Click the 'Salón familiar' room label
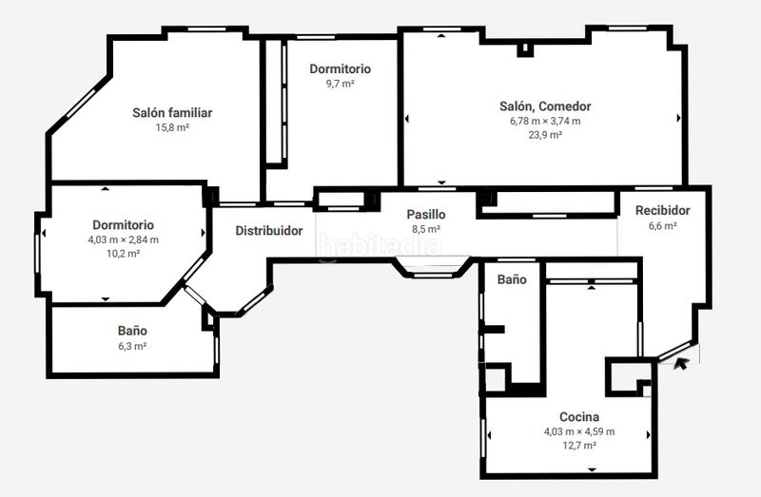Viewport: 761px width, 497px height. point(171,113)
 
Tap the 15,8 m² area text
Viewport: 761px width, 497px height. point(172,127)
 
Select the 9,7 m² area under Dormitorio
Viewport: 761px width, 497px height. point(340,84)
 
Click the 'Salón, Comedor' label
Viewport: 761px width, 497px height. point(545,106)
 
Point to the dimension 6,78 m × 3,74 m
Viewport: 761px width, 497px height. point(545,121)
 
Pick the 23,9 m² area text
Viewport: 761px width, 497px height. point(545,135)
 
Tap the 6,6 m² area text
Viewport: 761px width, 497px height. point(662,226)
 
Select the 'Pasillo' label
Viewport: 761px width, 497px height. point(425,215)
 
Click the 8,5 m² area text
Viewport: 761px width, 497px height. point(425,229)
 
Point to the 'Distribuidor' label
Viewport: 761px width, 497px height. point(269,231)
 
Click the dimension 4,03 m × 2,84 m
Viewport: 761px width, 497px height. point(123,239)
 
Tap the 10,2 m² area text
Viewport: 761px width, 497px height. point(123,254)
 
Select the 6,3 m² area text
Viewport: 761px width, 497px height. point(132,346)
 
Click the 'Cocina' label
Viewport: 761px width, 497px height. point(578,417)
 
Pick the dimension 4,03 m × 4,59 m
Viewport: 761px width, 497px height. point(578,431)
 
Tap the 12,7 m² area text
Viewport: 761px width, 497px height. point(578,446)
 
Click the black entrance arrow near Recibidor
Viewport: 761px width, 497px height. point(681,362)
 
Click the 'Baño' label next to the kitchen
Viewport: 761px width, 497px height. point(512,279)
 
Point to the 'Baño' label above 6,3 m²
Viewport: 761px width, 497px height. point(132,331)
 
